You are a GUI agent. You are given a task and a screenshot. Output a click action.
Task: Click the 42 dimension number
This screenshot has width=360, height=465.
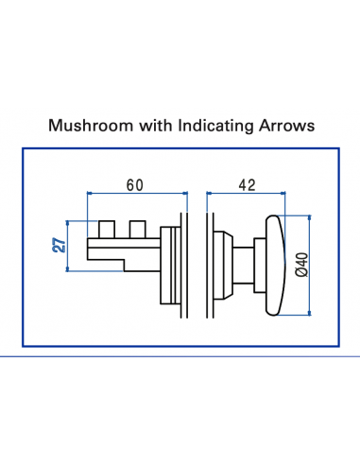coord(247,184)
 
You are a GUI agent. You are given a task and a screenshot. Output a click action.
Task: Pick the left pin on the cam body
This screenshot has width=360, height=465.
coord(105,230)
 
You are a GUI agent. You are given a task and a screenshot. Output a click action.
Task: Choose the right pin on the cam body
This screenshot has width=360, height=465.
coord(137,230)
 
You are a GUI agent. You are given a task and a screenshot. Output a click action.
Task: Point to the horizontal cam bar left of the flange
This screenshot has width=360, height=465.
coord(123,248)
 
